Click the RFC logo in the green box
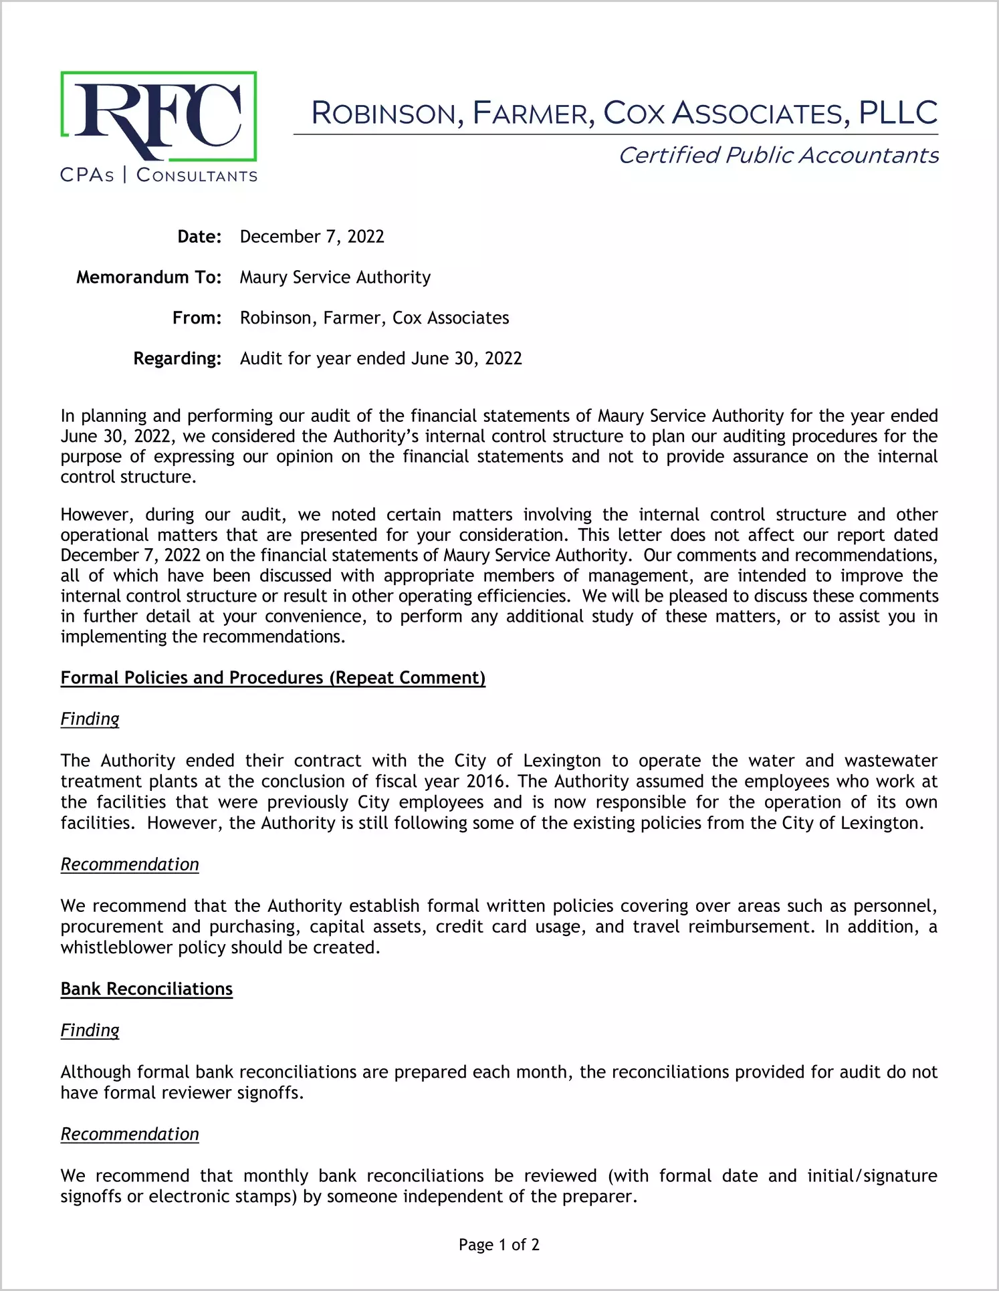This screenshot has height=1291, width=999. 158,116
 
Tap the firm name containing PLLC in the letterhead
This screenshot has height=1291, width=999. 624,113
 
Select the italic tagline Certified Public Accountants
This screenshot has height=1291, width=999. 778,155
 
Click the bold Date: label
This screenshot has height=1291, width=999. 199,237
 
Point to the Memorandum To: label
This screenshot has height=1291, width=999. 148,277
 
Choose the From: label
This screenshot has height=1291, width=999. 197,318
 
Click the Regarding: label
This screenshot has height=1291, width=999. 177,358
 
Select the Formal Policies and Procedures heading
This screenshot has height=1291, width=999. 273,678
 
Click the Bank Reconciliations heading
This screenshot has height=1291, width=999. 146,989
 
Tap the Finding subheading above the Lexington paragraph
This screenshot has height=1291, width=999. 90,719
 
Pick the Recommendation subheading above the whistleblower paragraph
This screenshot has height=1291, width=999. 130,864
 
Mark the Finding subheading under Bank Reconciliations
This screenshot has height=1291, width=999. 90,1030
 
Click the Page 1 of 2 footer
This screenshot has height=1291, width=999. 499,1245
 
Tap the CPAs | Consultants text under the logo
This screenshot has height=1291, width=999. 158,176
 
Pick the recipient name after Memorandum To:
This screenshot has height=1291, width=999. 335,277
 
